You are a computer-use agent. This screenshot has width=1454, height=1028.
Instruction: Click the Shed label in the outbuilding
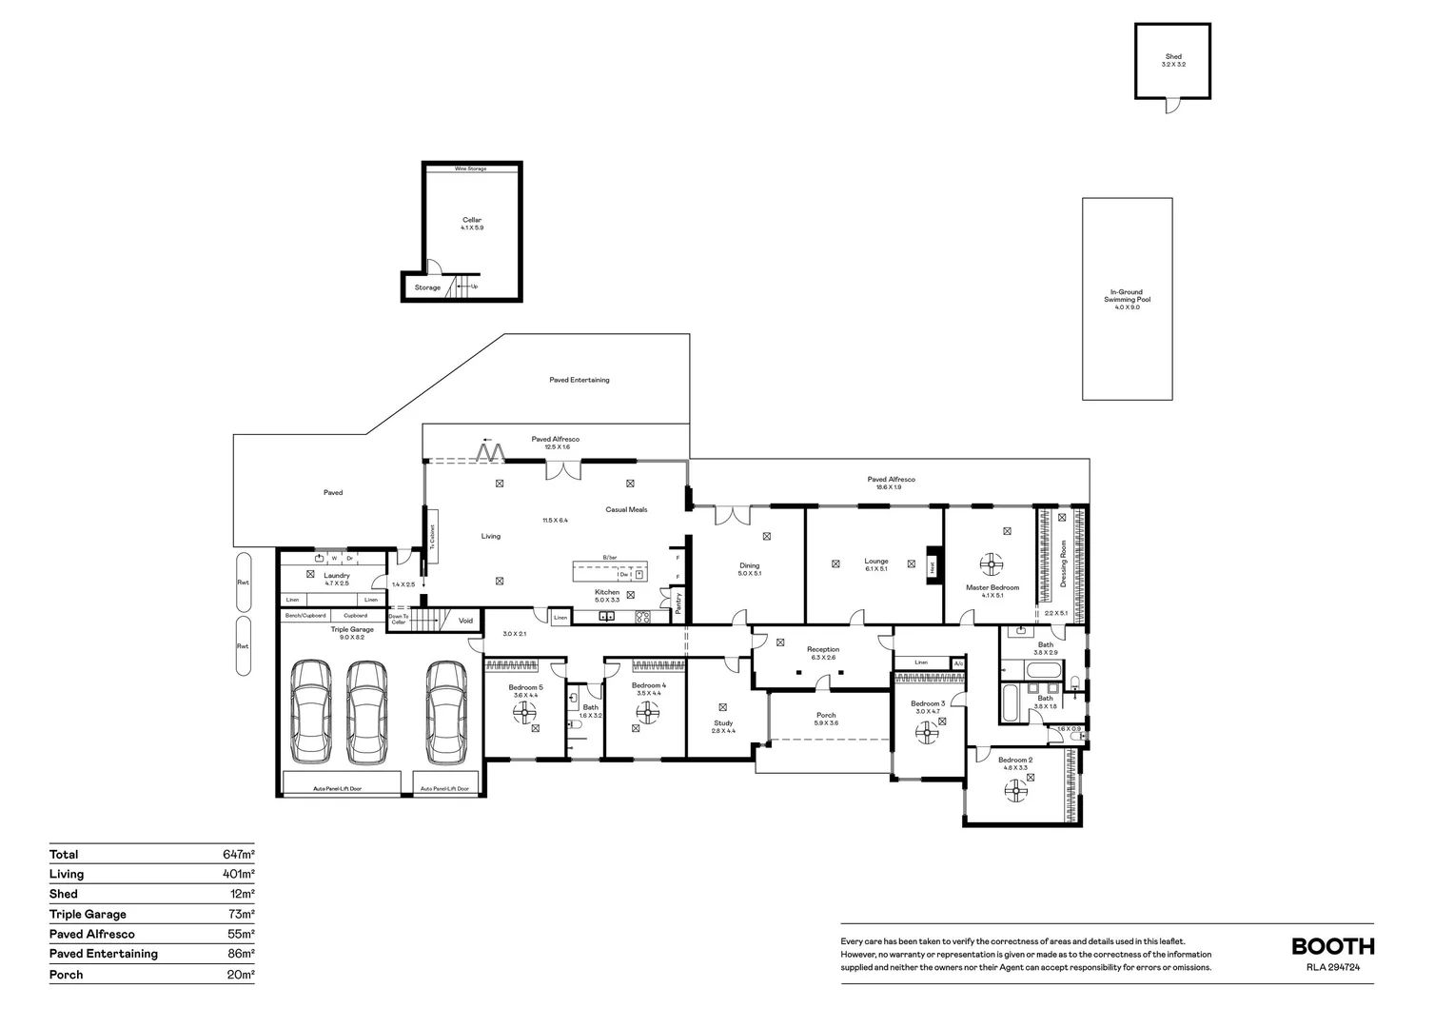coord(1173,57)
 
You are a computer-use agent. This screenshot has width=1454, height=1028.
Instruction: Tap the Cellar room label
coord(472,221)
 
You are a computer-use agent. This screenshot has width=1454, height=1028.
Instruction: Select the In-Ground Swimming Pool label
coord(1127,296)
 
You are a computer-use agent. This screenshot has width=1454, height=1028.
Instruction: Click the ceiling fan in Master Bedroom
coord(992,564)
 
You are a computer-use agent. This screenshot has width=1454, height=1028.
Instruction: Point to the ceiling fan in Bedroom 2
coord(1014,789)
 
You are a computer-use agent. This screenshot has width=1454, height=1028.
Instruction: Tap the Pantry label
coord(678,603)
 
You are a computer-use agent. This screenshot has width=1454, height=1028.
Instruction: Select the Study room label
coord(723,723)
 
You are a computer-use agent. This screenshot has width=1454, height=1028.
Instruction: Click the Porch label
coord(826,716)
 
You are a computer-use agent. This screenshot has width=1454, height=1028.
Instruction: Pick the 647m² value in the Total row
coord(238,855)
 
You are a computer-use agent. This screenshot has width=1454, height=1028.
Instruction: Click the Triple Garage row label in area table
coord(88,914)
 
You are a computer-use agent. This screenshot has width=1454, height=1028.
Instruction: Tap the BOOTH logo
coord(1332,946)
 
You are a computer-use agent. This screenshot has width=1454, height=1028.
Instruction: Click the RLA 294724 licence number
coord(1341,967)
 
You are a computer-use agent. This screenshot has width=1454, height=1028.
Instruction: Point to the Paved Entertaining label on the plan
coord(579,380)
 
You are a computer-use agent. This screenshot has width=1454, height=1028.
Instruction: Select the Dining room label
coord(750,566)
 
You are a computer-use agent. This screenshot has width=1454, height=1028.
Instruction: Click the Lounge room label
coord(875,562)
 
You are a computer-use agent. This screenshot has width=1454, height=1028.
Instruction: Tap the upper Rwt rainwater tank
coord(244,583)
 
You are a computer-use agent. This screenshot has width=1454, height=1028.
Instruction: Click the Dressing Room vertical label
coord(1063,563)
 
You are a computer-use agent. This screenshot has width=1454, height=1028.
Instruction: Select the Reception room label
coord(823,650)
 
